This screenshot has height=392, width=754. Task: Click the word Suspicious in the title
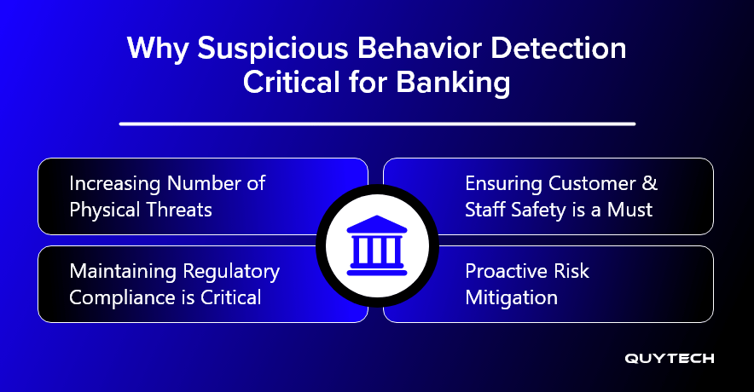273,49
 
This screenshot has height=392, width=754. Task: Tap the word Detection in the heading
559,49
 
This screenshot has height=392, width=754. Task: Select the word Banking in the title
453,84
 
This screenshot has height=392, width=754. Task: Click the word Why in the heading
158,49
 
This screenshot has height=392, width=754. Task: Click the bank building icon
377,245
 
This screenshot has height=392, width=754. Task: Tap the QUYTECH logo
670,359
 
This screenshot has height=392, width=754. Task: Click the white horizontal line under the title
378,124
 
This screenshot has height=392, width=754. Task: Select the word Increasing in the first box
115,184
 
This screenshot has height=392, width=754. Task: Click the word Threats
179,210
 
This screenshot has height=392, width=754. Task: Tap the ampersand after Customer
650,183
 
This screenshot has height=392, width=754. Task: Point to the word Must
629,210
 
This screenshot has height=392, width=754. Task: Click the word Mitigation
511,298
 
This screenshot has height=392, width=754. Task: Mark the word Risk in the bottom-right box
571,271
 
